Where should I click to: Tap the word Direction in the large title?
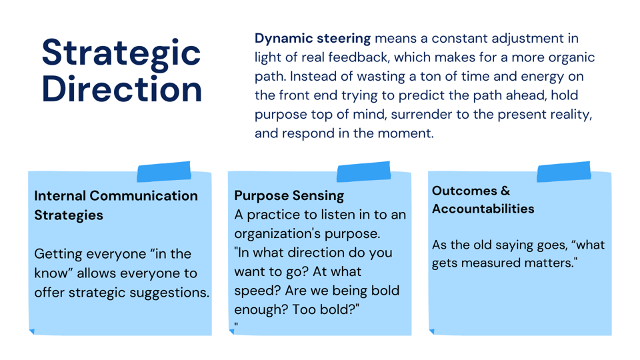[x=122, y=89]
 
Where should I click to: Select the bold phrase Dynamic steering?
[x=313, y=39]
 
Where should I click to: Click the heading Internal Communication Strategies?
[x=116, y=205]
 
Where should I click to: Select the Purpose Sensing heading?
[x=289, y=196]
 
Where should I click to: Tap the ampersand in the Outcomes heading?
[x=504, y=191]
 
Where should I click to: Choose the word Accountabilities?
[x=483, y=209]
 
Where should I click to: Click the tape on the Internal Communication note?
[x=164, y=172]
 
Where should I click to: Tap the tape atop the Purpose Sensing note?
[x=363, y=172]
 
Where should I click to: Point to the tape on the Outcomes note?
[x=563, y=172]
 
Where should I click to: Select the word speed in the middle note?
[x=253, y=291]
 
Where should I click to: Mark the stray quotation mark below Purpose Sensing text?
[x=236, y=326]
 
